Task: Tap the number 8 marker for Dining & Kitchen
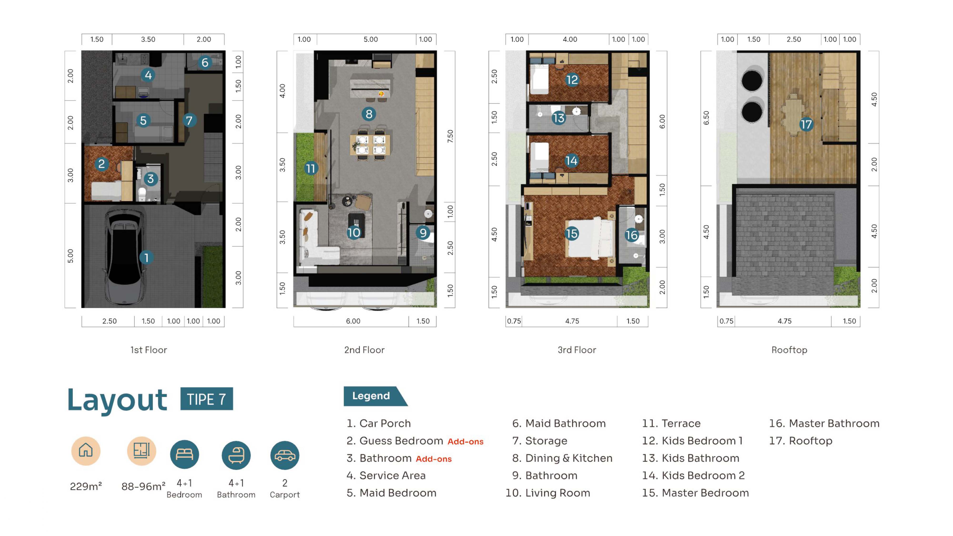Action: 369,114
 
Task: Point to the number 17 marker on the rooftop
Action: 806,124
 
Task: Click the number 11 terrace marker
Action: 311,169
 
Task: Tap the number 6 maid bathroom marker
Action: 205,62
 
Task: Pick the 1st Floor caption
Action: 148,350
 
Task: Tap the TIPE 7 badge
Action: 206,399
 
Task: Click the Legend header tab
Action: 374,396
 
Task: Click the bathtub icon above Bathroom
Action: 236,455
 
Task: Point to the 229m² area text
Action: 86,486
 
